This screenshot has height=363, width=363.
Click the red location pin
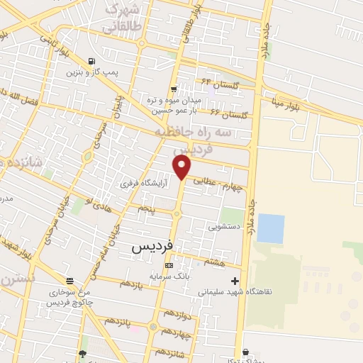click(182, 167)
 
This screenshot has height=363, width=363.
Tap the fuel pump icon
click(91, 61)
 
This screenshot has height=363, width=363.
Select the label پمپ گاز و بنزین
click(91, 72)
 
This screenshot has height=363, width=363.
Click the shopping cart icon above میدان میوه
click(174, 89)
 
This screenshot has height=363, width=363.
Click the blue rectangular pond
click(270, 228)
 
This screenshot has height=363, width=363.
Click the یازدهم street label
click(131, 284)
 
